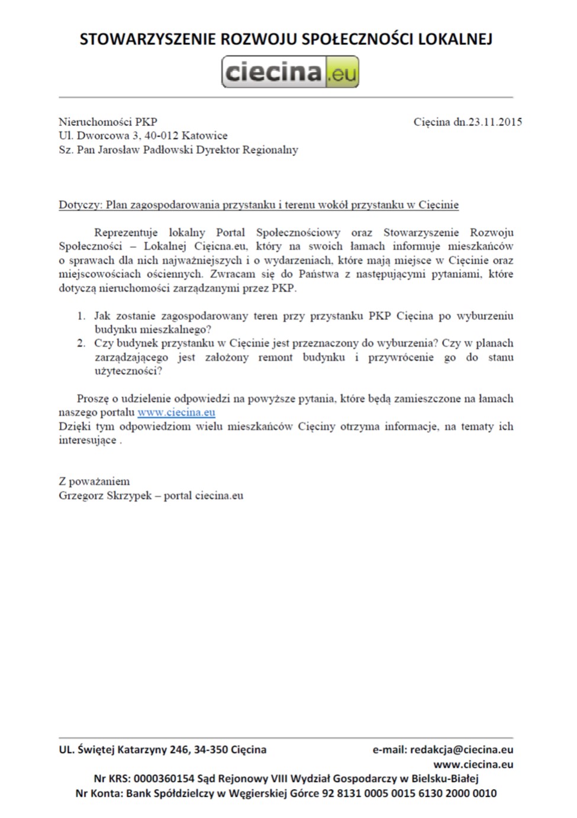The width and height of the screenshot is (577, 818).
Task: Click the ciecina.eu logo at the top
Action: click(x=290, y=72)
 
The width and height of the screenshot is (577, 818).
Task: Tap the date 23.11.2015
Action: click(x=495, y=122)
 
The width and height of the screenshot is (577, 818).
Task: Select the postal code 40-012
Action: click(x=163, y=136)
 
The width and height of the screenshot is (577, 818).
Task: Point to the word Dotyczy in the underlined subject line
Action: click(x=80, y=205)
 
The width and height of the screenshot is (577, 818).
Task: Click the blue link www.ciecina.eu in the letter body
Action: click(x=176, y=412)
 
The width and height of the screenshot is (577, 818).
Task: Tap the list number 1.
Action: click(x=81, y=316)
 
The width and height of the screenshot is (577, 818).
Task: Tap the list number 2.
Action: click(x=81, y=344)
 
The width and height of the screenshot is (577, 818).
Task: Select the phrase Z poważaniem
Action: click(x=94, y=481)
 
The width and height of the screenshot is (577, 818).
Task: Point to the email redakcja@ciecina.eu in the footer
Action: click(x=461, y=750)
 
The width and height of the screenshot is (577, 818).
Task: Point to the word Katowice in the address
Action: click(x=205, y=136)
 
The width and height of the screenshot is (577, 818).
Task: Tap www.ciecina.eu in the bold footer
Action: click(x=473, y=764)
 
